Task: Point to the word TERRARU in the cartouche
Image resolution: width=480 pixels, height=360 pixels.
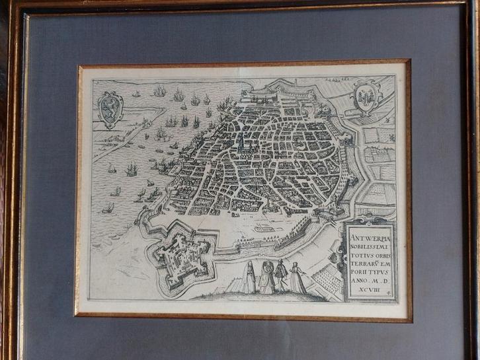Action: [x=365, y=259]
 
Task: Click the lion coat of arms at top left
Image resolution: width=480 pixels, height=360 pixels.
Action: [x=110, y=108]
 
